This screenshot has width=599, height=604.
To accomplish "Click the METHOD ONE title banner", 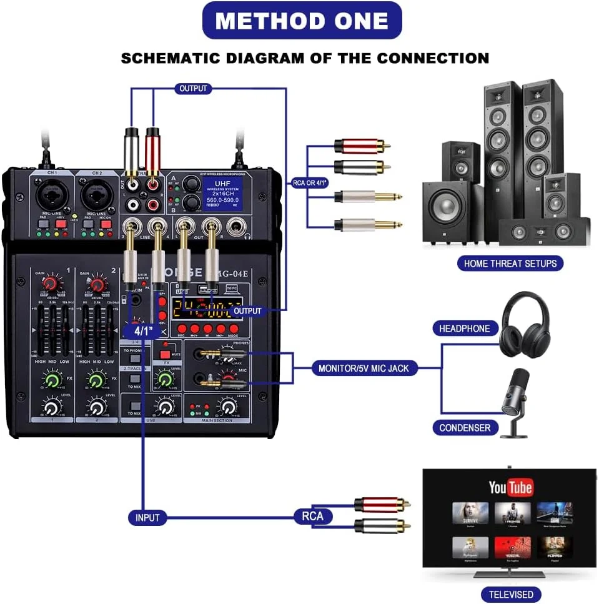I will coord(302,21).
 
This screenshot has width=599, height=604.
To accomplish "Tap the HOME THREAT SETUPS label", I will coord(510,263).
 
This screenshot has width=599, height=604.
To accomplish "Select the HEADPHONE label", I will coord(465,329).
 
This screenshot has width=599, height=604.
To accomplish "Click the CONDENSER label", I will coord(465,428).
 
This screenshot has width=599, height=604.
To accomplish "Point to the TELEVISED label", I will coord(510,594).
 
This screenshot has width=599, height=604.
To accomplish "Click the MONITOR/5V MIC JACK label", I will coord(364,368).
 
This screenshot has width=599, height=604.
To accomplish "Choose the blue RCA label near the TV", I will coord(313,516).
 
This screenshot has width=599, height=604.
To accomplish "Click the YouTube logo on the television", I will coord(510,487).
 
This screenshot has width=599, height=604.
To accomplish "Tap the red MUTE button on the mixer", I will coord(166,354).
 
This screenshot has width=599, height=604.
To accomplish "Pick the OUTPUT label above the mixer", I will coord(193,88).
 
